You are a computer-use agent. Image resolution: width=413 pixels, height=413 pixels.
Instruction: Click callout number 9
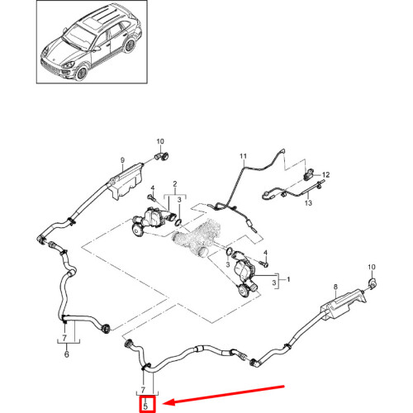coord(121,159)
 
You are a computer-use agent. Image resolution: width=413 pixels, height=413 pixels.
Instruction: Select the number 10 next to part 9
coord(160,141)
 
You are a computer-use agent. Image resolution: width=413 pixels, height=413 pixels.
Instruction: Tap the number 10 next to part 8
coord(371,268)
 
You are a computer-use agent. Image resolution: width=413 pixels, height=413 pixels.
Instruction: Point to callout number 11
coord(243,156)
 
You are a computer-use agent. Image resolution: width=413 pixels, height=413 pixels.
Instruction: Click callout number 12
coord(325,175)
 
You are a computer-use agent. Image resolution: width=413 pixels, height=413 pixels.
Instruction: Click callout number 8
coord(335,287)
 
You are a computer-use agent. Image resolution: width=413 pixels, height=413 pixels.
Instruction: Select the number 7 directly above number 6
coord(62,339)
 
